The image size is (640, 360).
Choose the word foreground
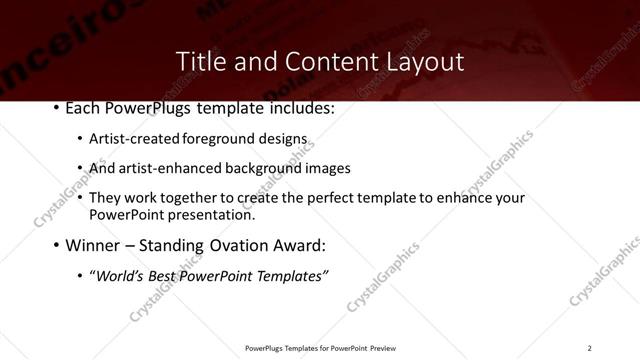(207, 139)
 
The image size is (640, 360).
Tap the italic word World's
(120, 275)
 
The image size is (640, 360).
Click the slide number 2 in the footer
(590, 348)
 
